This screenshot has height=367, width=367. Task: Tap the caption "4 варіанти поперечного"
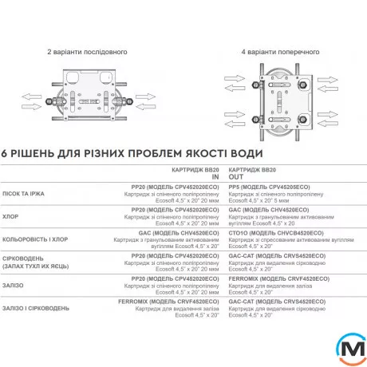[278, 51]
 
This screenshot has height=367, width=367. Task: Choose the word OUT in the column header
[237, 178]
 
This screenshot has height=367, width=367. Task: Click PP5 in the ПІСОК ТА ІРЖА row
[236, 188]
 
